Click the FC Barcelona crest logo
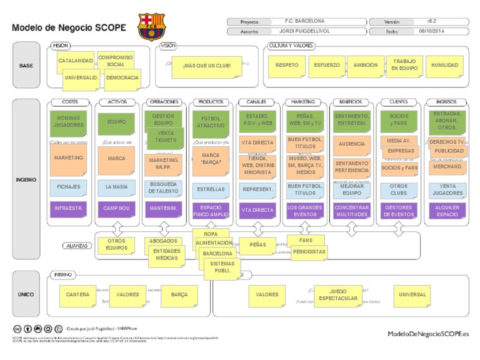pyautogui.click(x=152, y=26)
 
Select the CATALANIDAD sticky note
pyautogui.click(x=74, y=61)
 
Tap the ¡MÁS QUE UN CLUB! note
pyautogui.click(x=206, y=66)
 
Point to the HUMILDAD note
pyautogui.click(x=444, y=65)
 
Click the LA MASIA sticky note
pyautogui.click(x=117, y=187)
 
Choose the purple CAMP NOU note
pyautogui.click(x=117, y=209)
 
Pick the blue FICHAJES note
pyautogui.click(x=69, y=187)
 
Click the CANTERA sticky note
pyautogui.click(x=78, y=294)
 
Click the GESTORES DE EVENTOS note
pyautogui.click(x=398, y=210)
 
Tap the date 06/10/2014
pyautogui.click(x=431, y=31)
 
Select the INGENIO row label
pyautogui.click(x=26, y=180)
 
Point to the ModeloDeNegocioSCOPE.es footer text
pyautogui.click(x=427, y=334)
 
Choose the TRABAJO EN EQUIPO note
pyautogui.click(x=404, y=65)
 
